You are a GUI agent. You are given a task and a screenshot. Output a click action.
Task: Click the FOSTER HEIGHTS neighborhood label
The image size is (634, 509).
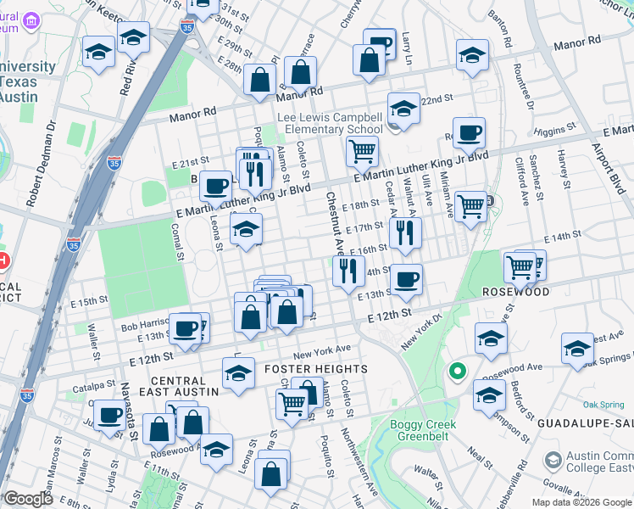[x=316, y=369]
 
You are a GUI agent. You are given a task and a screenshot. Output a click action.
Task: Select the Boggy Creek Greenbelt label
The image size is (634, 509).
[x=423, y=431]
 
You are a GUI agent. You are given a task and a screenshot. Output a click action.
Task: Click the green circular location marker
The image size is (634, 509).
[x=457, y=372]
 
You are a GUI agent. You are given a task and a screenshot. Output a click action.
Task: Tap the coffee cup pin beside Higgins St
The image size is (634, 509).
[x=469, y=132]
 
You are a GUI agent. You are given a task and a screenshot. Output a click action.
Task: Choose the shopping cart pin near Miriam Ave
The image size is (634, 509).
[x=470, y=205]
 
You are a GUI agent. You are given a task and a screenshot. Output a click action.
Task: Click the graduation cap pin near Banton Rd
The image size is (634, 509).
[x=472, y=55]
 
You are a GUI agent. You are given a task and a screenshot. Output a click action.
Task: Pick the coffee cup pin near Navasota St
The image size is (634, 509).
[x=109, y=415]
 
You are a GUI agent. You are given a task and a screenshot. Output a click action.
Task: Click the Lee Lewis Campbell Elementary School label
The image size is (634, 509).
[x=331, y=124]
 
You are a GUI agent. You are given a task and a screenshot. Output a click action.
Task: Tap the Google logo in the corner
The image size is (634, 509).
[x=27, y=499]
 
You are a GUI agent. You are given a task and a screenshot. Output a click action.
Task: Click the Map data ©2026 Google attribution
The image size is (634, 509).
[x=581, y=502]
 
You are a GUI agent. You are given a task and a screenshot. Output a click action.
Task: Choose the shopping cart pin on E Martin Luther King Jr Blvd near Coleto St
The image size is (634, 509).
[x=362, y=152]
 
